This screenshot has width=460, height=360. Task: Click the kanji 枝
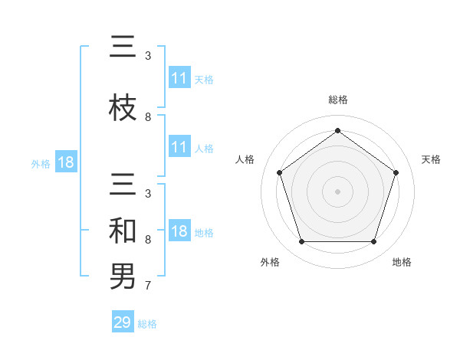coord(123,107)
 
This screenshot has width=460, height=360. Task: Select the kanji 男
coord(123,276)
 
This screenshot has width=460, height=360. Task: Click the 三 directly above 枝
coord(123,48)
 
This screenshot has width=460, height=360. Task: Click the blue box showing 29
coord(123,322)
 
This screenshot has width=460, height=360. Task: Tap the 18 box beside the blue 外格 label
coord(65,163)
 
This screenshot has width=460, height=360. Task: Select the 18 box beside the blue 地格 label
coord(179,232)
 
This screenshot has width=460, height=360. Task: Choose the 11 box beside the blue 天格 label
coord(179,78)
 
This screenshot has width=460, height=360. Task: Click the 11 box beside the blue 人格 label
coord(179,147)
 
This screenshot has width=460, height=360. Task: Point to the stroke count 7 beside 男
coord(148,287)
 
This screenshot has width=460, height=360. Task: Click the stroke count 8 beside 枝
coord(148,117)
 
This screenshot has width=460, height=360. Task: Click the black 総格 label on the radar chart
coord(338,100)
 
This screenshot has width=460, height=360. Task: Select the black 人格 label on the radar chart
coord(245,159)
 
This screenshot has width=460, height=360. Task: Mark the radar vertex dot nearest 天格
coord(396,172)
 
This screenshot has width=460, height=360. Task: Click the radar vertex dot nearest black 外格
coord(301,242)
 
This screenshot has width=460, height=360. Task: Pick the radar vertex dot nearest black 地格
coord(373,242)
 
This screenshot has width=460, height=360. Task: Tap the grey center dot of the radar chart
coord(337,191)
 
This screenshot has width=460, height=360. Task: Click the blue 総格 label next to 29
coord(148,324)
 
